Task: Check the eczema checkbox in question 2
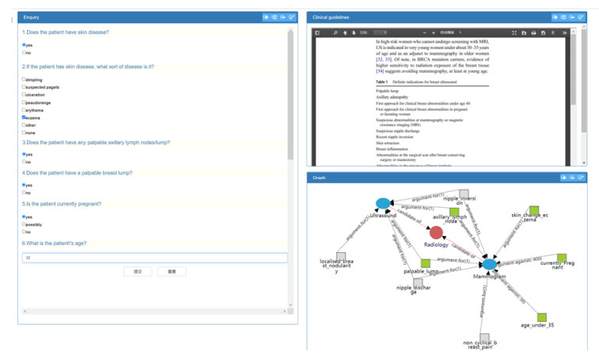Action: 24,117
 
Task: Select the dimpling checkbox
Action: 24,79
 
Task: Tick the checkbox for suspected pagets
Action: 24,87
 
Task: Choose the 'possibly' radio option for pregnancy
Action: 24,224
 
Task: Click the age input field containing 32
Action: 155,258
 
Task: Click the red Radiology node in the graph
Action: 436,232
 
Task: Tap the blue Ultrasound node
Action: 383,204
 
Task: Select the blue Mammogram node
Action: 490,265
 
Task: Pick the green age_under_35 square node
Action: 542,317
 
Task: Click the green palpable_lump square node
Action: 425,262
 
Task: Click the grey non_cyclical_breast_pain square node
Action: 484,339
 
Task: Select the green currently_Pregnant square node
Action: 561,259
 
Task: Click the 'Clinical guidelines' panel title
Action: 330,17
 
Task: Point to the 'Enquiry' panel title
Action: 32,17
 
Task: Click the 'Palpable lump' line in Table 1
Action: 387,91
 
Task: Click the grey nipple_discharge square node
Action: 418,282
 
